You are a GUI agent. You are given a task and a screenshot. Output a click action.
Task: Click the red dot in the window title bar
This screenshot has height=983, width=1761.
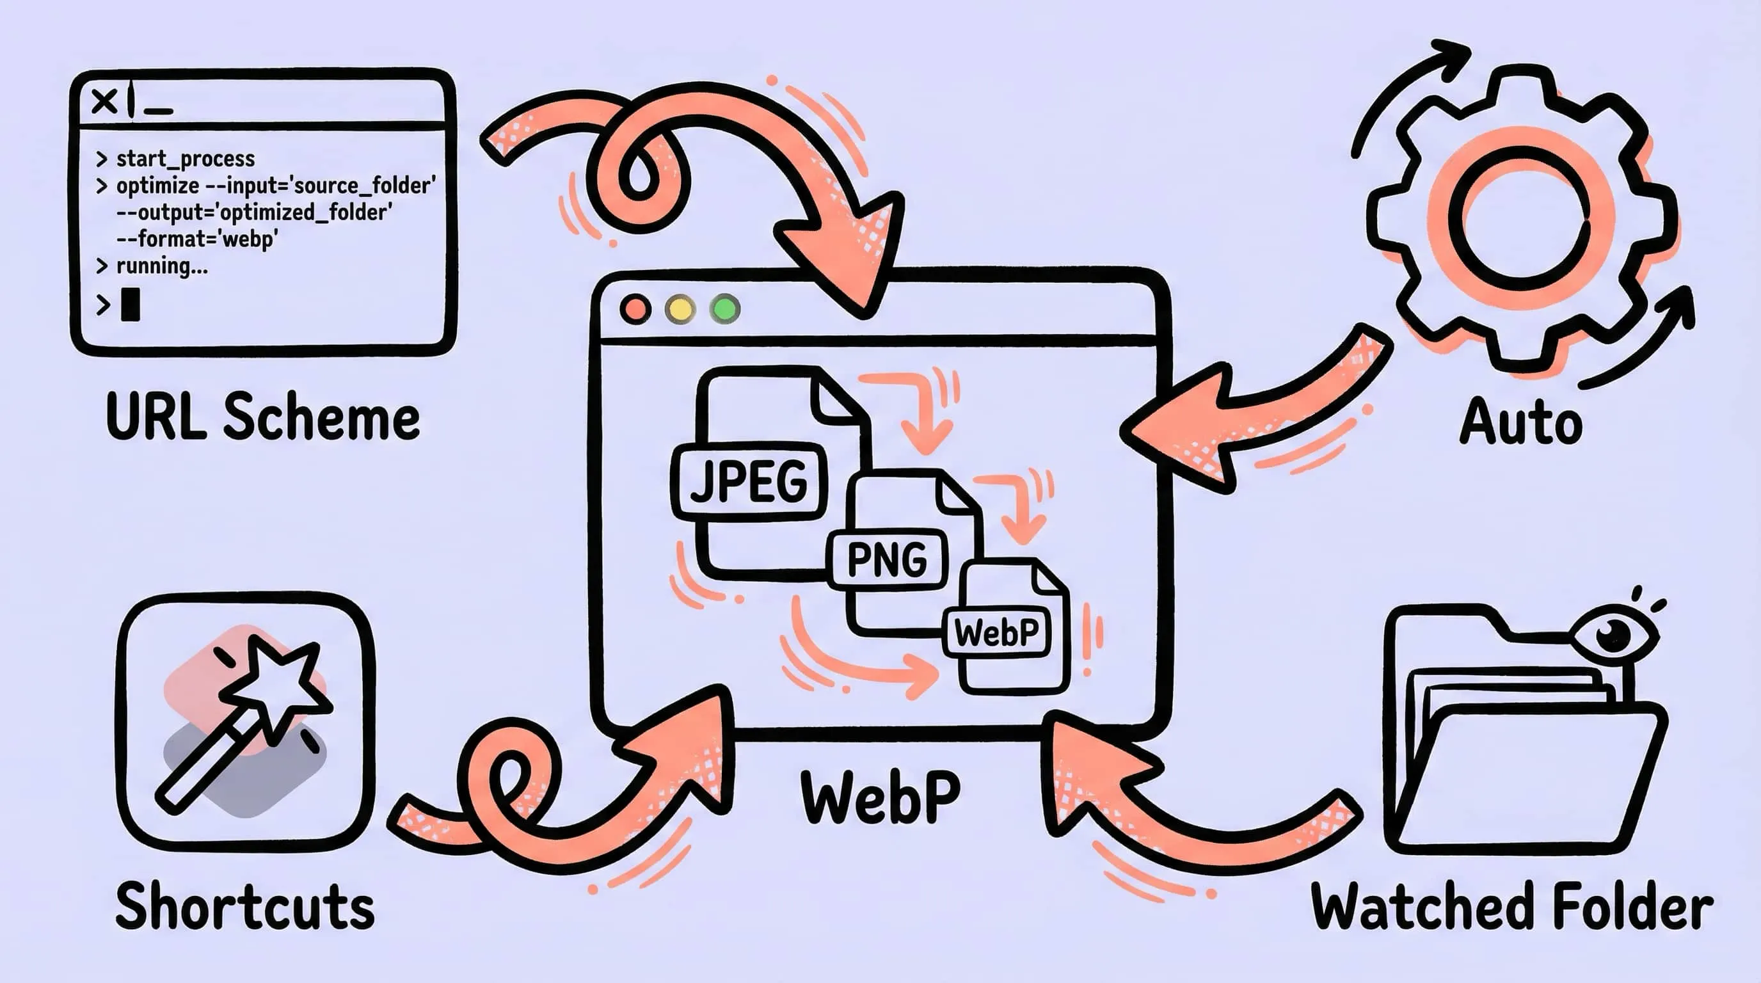(x=635, y=309)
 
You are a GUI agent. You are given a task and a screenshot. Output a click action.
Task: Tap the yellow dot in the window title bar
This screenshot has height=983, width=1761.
(x=680, y=309)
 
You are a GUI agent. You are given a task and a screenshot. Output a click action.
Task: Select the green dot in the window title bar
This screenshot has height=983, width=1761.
(x=725, y=309)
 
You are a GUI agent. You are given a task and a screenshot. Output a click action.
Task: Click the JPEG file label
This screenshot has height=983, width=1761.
(x=749, y=481)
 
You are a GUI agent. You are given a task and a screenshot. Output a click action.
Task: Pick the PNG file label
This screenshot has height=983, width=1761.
(x=888, y=560)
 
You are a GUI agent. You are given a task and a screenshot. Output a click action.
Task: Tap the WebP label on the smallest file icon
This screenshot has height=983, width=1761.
(x=997, y=633)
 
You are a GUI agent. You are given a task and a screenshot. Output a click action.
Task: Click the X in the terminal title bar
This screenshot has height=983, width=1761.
(x=104, y=102)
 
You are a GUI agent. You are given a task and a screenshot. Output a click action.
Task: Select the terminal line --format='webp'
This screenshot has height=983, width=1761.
(x=197, y=239)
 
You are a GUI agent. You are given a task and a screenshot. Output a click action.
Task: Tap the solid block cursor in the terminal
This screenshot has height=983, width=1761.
(x=130, y=305)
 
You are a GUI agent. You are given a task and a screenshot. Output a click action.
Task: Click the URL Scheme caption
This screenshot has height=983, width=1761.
(x=262, y=418)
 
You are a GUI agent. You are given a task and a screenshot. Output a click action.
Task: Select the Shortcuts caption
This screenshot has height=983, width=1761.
(x=244, y=906)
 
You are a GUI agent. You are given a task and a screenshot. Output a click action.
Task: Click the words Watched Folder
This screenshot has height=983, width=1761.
(x=1511, y=906)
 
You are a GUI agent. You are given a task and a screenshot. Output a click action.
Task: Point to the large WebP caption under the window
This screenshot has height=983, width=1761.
(x=881, y=796)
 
